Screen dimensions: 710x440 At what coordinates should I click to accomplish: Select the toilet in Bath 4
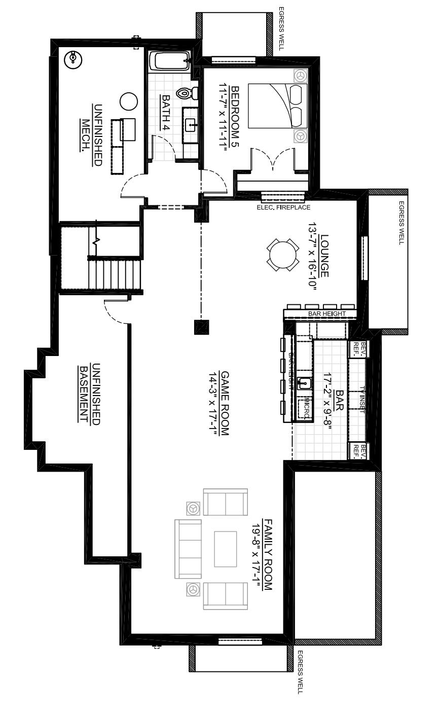186,93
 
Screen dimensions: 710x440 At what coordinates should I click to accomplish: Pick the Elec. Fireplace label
283,207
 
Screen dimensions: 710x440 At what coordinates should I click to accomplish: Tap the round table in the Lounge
282,255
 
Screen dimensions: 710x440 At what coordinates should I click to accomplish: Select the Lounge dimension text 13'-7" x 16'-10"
312,259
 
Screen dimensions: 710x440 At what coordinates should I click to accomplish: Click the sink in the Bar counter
305,383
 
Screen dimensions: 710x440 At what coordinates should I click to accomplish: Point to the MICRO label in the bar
305,409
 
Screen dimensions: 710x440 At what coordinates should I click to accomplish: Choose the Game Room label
225,404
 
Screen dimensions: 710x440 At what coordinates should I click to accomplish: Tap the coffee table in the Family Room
226,549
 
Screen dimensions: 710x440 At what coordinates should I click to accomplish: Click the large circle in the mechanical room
128,101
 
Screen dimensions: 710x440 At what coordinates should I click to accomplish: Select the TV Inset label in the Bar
362,400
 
